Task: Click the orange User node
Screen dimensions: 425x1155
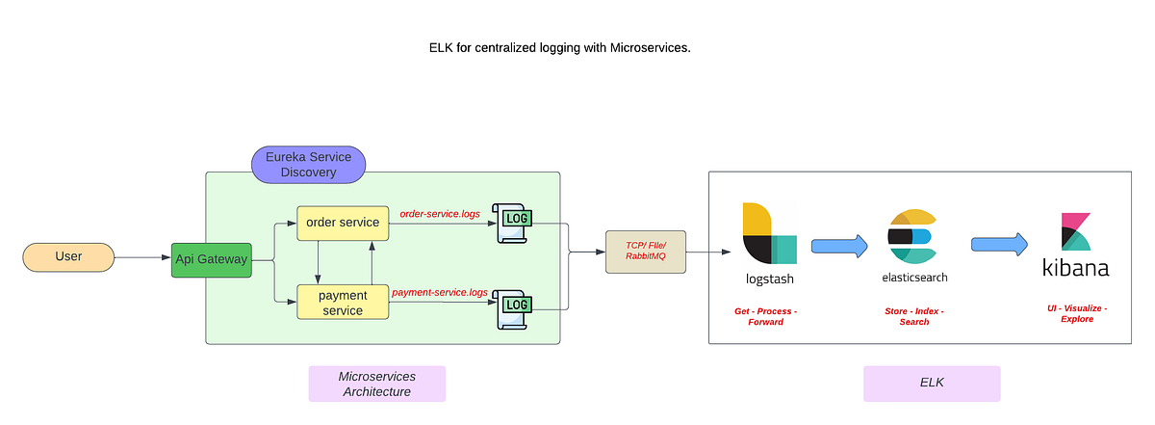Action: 68,257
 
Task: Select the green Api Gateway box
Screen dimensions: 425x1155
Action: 212,258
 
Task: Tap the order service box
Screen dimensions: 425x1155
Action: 343,224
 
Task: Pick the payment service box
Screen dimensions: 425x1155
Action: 343,302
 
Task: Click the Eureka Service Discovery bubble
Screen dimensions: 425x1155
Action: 308,164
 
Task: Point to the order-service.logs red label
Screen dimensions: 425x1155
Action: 440,213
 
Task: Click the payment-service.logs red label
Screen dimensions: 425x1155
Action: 440,291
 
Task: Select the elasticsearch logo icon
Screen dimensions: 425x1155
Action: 913,236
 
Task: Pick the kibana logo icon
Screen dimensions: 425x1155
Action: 1076,231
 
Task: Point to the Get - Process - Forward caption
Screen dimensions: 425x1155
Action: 766,316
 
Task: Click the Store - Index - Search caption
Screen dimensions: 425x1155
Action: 913,316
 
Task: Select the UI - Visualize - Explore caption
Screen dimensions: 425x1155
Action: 1077,313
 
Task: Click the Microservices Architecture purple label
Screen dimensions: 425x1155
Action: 376,384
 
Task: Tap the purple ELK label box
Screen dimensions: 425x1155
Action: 931,384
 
